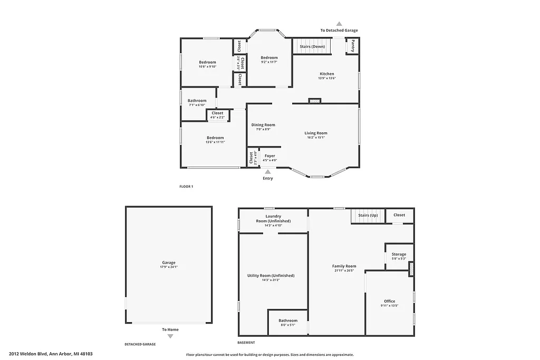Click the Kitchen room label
click(326, 74)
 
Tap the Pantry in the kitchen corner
click(352, 46)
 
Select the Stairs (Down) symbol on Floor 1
click(312, 46)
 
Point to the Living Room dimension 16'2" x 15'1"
click(315, 138)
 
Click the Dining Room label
click(263, 125)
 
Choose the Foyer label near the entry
click(269, 156)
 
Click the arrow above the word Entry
click(268, 172)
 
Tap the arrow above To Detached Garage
click(339, 24)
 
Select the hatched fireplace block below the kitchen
click(315, 100)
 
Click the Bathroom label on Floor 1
click(197, 101)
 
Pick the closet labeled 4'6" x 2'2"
click(217, 115)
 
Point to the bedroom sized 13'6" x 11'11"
click(215, 140)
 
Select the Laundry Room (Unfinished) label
click(273, 219)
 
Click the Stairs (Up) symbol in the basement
click(368, 216)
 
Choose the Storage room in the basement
click(399, 256)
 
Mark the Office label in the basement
click(389, 301)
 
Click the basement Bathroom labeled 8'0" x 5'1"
click(288, 322)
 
